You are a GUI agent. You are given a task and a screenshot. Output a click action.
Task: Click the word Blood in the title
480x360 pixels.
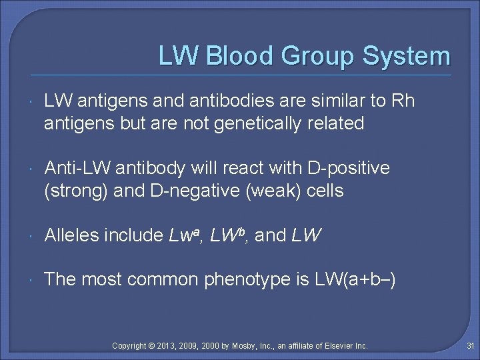point(241,56)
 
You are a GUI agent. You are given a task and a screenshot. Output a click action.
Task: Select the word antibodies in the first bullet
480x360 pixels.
point(220,101)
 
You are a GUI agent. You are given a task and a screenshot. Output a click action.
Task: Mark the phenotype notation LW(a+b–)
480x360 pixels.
point(356,279)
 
